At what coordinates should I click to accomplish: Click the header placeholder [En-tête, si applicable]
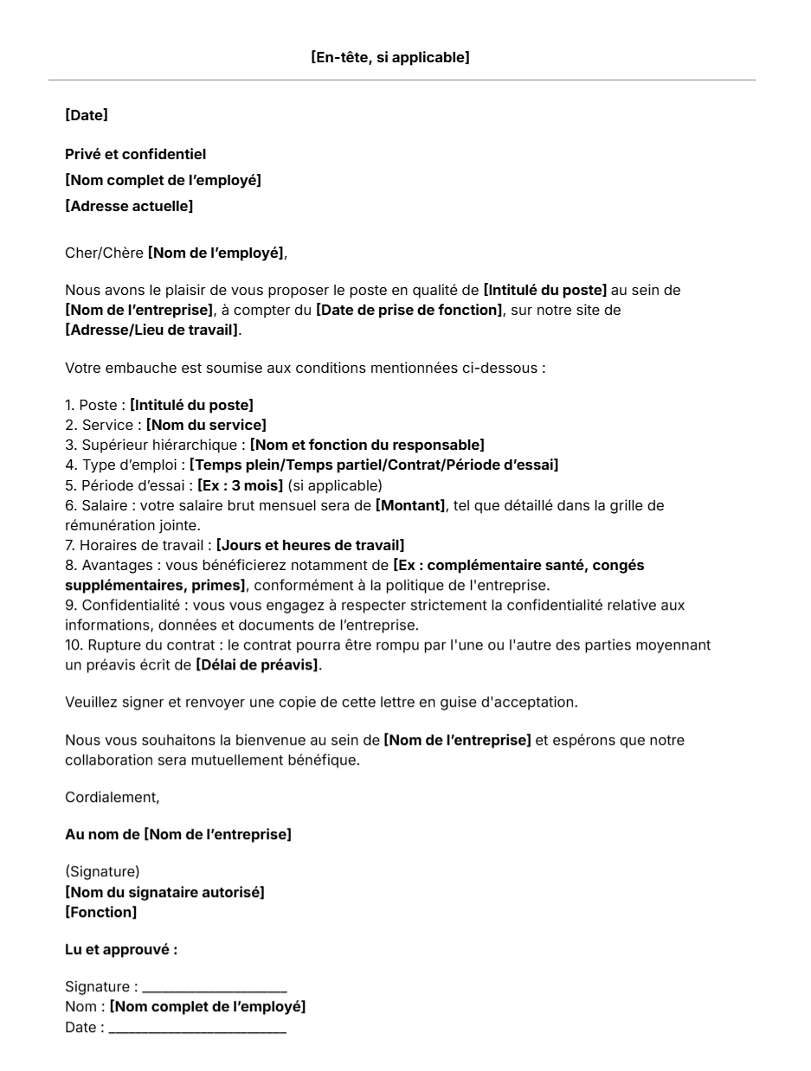(x=389, y=58)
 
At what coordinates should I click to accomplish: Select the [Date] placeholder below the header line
(x=87, y=115)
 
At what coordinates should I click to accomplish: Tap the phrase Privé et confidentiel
(x=136, y=155)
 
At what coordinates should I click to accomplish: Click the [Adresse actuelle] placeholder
(x=129, y=206)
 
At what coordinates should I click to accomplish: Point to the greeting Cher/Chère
(x=104, y=253)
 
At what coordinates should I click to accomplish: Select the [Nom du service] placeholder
(x=206, y=425)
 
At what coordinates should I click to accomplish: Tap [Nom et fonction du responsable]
(x=367, y=445)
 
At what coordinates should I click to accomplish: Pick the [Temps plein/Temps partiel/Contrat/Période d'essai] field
(x=374, y=465)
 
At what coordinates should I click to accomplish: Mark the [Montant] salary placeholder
(x=410, y=505)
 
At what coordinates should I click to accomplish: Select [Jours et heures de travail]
(x=310, y=545)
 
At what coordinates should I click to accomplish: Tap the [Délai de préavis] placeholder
(x=257, y=665)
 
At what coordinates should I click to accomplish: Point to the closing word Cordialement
(x=112, y=798)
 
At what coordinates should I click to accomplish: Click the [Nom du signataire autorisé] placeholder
(x=164, y=892)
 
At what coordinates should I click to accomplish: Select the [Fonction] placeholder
(x=100, y=912)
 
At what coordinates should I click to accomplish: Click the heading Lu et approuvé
(x=121, y=950)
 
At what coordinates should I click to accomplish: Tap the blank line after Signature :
(x=215, y=988)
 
